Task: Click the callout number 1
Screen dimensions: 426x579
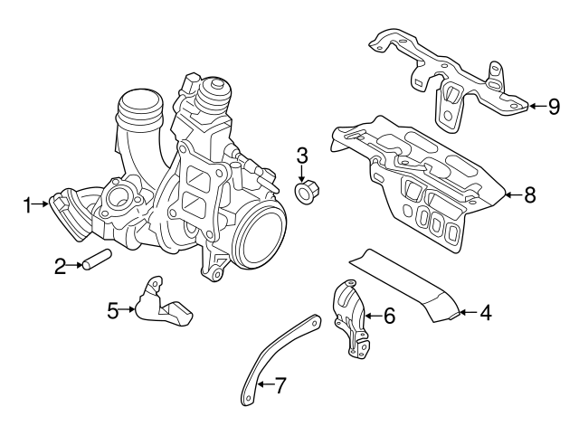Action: coord(28,205)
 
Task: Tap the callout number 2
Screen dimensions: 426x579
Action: coord(60,266)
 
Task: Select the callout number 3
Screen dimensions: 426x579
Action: coord(302,155)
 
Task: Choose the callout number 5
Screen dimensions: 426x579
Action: coord(113,311)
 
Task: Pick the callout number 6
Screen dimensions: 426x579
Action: coord(389,316)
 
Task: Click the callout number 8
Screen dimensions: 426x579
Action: coord(530,193)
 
